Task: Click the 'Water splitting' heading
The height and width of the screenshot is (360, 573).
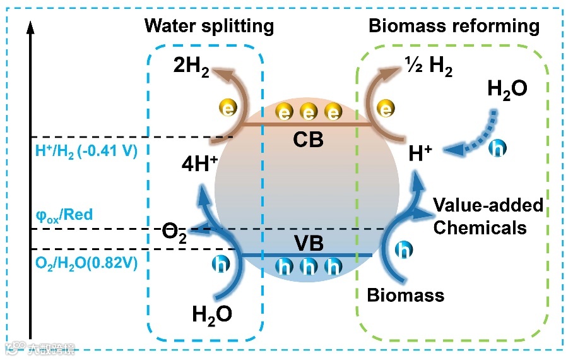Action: coord(209,26)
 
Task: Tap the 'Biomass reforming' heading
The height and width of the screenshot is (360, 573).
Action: coord(454,26)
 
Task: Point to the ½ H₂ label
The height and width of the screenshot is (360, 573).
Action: coord(428,68)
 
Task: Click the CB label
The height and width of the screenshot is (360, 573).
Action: coord(307,139)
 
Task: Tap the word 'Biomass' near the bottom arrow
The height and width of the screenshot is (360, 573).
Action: coord(406,294)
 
